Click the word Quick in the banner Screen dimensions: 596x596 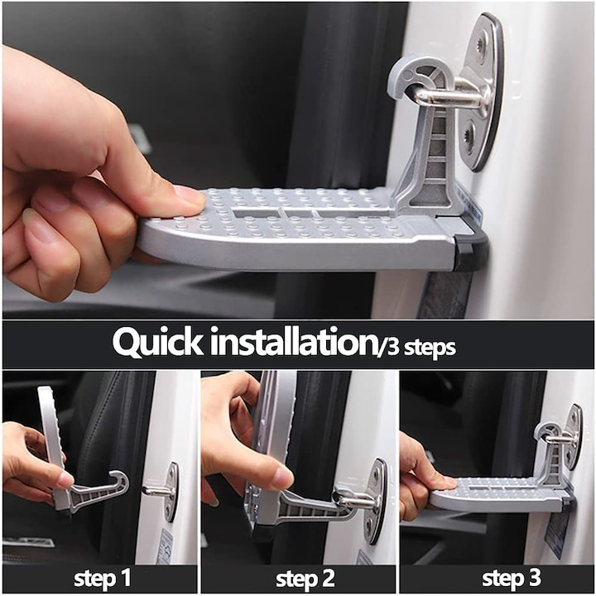coord(157,341)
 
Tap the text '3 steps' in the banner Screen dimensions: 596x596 coord(418,346)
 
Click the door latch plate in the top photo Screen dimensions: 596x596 coord(483,91)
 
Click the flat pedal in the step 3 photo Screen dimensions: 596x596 coord(488,495)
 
